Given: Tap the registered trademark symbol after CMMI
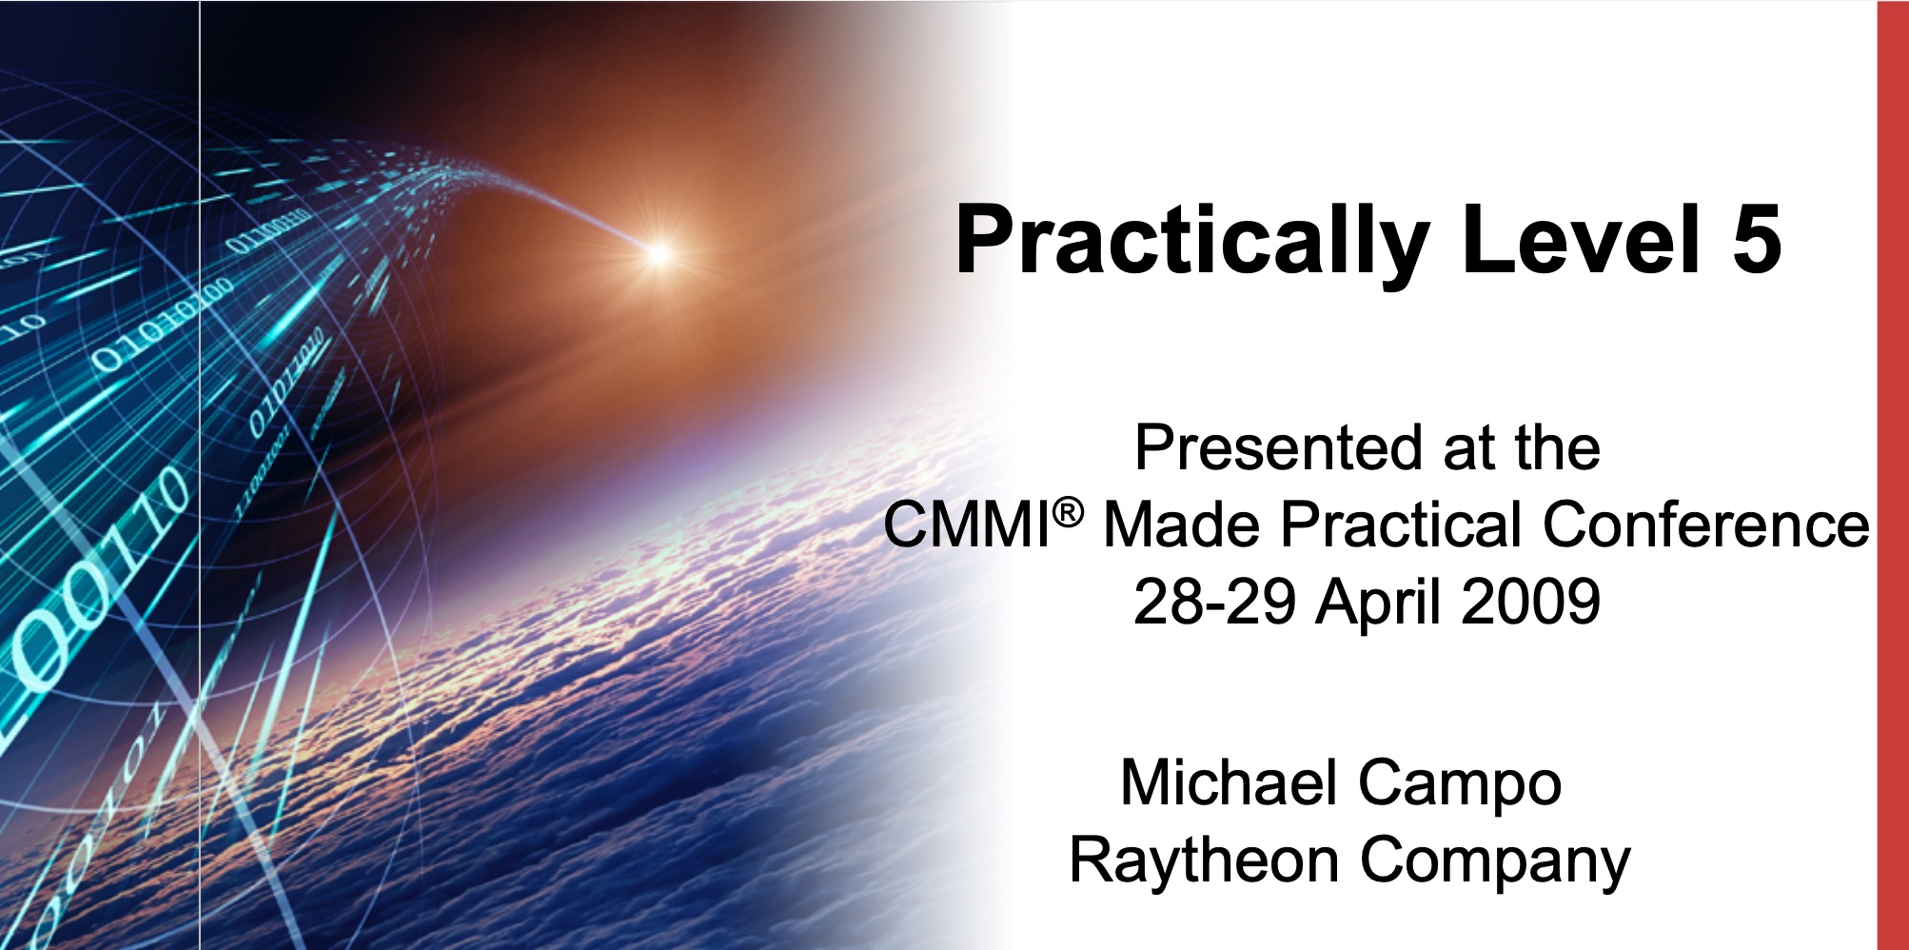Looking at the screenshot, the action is pos(1069,514).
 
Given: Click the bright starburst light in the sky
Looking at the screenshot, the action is pos(659,252).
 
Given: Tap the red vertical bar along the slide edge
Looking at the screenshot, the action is pos(1893,475).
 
